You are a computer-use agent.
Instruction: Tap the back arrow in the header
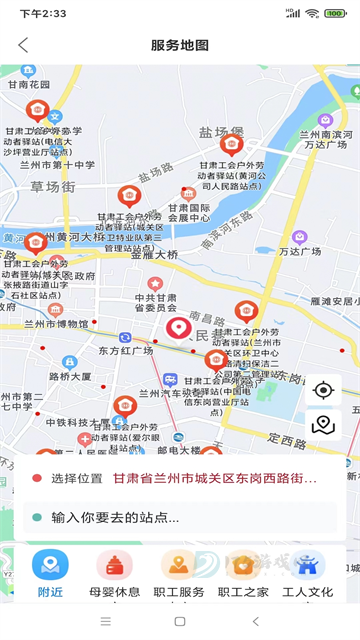(23, 45)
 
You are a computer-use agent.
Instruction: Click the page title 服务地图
(180, 45)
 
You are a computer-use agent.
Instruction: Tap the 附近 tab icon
(50, 566)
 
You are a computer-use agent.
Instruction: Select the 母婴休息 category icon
(114, 566)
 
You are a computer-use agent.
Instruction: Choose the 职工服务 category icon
(179, 566)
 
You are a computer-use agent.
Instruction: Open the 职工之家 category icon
(243, 566)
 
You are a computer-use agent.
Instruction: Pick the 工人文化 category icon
(307, 566)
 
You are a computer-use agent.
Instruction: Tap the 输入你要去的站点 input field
(180, 517)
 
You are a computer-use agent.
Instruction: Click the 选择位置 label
(77, 479)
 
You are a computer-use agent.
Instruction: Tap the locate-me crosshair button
(322, 390)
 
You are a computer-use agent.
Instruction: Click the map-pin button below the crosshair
(322, 425)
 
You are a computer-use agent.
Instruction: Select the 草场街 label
(52, 187)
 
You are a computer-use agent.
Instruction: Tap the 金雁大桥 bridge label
(155, 255)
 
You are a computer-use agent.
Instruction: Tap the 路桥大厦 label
(70, 377)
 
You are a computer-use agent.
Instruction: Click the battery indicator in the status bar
(334, 13)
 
